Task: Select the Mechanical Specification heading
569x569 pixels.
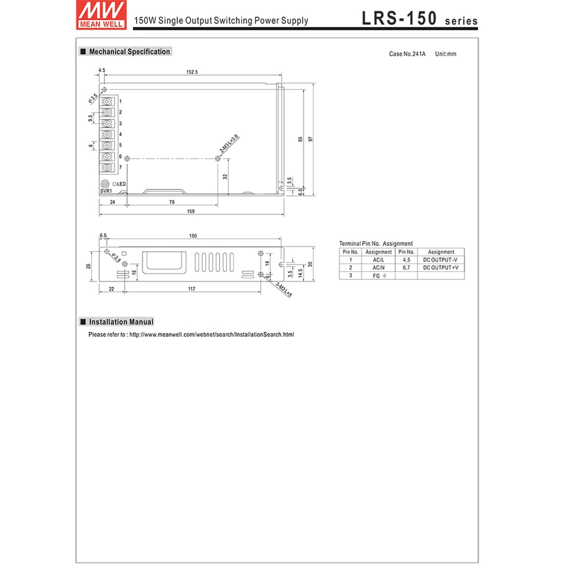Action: (x=129, y=52)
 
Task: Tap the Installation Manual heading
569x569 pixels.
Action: (x=121, y=322)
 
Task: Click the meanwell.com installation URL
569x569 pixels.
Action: (x=212, y=335)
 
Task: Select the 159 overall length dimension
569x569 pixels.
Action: (x=191, y=212)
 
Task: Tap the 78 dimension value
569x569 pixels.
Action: (x=171, y=202)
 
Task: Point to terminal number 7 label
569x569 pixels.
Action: (x=120, y=167)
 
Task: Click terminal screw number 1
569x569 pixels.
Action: (x=108, y=101)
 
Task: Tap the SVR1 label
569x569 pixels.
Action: (x=106, y=192)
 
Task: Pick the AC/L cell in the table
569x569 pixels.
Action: (x=378, y=259)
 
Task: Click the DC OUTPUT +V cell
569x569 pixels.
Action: (x=440, y=267)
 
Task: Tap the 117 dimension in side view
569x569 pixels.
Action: (x=192, y=290)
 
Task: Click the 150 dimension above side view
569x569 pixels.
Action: (x=193, y=236)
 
